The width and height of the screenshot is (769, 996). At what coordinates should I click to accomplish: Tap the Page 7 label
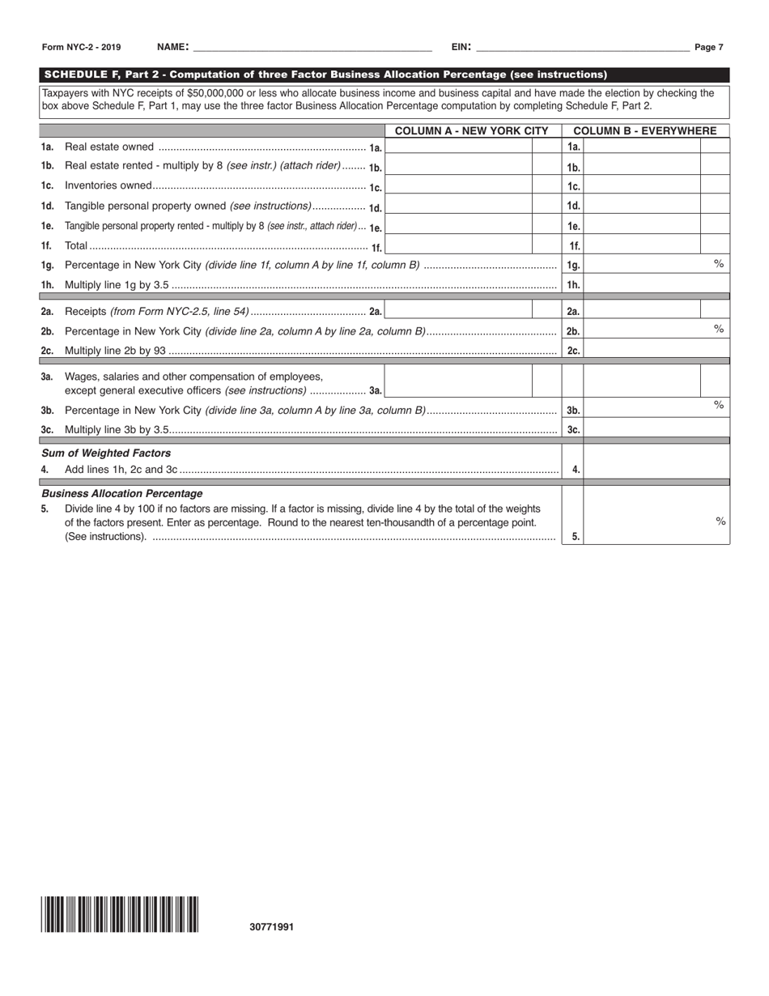coord(709,48)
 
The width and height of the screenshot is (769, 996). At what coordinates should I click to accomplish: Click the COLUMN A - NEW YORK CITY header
coord(472,130)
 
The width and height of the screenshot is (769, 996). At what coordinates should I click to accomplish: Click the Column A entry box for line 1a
coord(458,147)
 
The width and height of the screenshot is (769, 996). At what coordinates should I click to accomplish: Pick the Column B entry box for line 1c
coord(641,186)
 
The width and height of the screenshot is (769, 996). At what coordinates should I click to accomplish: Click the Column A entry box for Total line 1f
coord(458,245)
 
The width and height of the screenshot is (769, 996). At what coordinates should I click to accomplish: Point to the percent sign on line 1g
coord(718,263)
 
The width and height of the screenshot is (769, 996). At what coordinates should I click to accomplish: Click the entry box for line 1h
coord(656,284)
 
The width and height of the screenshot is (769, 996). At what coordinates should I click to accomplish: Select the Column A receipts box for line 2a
coord(458,310)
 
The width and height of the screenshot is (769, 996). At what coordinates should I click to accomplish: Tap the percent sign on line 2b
coord(718,328)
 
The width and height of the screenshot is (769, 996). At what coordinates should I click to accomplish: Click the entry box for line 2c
coord(656,350)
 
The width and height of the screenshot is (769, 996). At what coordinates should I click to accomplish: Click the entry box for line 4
coord(656,469)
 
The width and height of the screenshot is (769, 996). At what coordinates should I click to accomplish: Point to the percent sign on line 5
coord(720,521)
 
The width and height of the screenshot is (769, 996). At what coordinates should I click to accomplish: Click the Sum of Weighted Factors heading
coord(106,453)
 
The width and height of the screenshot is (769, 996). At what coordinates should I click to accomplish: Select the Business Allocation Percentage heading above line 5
coord(122,493)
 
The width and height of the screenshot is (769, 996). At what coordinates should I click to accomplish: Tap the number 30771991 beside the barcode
coord(272,927)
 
